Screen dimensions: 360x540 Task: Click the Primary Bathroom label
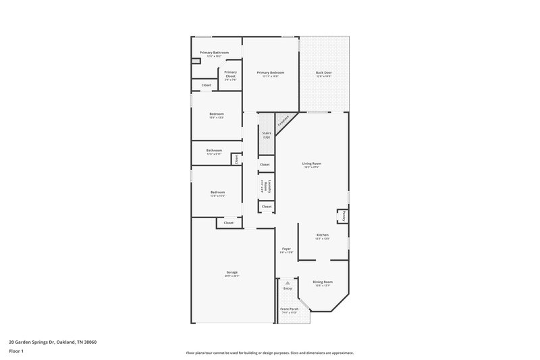pyautogui.click(x=214, y=53)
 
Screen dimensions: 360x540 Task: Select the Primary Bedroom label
pyautogui.click(x=270, y=72)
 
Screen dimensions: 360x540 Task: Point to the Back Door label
pyautogui.click(x=323, y=72)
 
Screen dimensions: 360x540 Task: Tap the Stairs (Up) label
pyautogui.click(x=266, y=135)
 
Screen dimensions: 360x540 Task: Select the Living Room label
pyautogui.click(x=311, y=163)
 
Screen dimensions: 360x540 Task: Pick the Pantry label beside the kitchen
pyautogui.click(x=343, y=216)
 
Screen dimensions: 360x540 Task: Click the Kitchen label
pyautogui.click(x=322, y=235)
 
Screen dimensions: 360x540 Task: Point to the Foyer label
pyautogui.click(x=286, y=249)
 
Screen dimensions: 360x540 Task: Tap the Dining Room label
pyautogui.click(x=323, y=282)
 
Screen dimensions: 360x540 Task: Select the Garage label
pyautogui.click(x=232, y=272)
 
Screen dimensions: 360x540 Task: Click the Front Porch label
pyautogui.click(x=289, y=309)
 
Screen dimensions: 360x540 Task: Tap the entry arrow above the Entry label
pyautogui.click(x=288, y=282)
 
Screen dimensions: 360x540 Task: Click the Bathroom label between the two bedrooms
pyautogui.click(x=215, y=150)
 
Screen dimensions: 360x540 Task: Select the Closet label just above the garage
pyautogui.click(x=229, y=222)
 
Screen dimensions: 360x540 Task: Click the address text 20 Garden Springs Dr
pyautogui.click(x=53, y=342)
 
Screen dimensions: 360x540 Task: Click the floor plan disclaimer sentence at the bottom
pyautogui.click(x=269, y=353)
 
